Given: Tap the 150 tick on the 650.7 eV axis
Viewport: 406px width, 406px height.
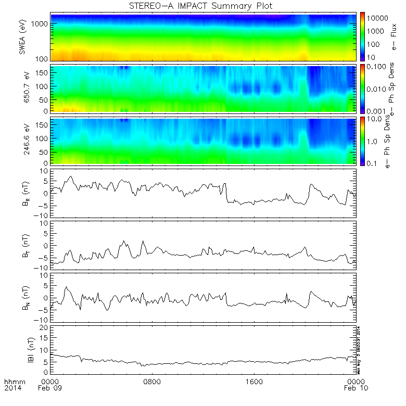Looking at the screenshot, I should (44, 73).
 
